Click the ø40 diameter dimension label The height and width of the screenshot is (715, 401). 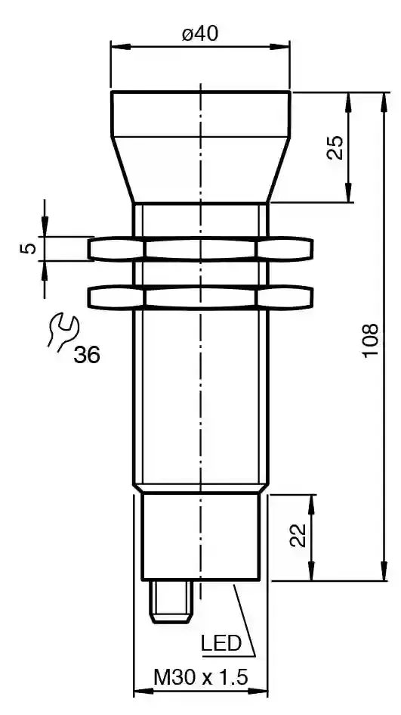(x=200, y=33)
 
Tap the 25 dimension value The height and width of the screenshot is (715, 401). (x=336, y=148)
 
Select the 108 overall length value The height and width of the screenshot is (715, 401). (x=371, y=340)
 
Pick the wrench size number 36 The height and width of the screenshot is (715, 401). (x=87, y=354)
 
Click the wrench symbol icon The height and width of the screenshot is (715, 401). (x=63, y=331)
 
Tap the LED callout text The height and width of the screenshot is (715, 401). (x=221, y=643)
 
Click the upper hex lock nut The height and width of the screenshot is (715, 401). (x=200, y=249)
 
